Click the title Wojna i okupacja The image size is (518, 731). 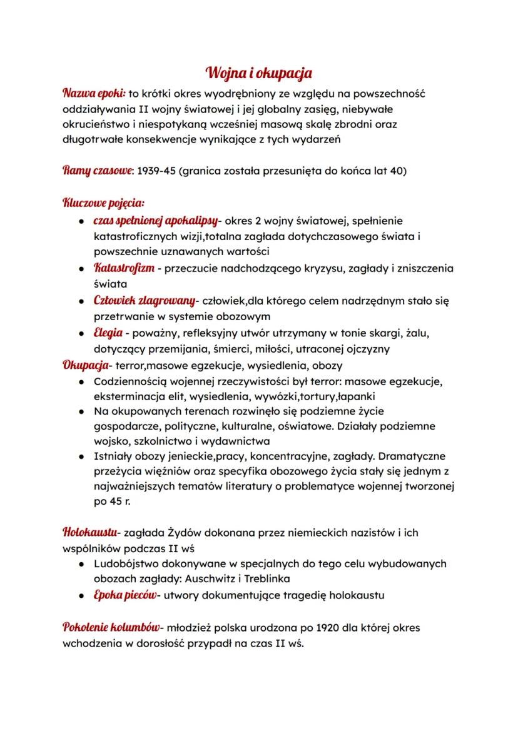click(x=259, y=73)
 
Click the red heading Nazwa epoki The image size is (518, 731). click(x=94, y=93)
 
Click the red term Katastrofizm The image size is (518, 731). click(x=123, y=268)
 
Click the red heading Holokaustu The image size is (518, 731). click(x=91, y=533)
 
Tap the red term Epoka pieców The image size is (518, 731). click(x=124, y=595)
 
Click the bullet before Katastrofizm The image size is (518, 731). click(x=82, y=269)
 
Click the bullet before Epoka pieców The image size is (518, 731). click(x=82, y=595)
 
